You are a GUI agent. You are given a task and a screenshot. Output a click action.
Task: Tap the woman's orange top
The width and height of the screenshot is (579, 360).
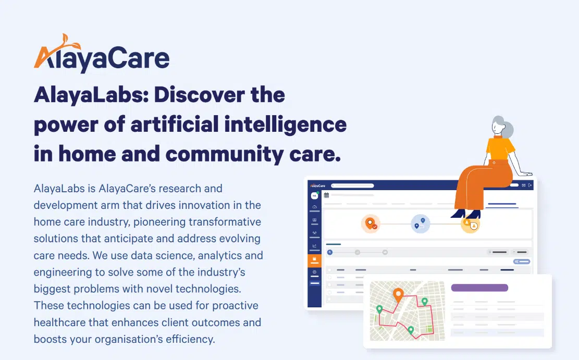point(500,148)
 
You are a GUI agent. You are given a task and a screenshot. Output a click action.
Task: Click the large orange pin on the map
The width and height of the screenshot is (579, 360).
point(399,295)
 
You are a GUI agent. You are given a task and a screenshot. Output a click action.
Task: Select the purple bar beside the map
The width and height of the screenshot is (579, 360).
point(479,288)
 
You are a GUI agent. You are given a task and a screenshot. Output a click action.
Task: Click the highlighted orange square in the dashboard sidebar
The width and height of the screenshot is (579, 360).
point(314,259)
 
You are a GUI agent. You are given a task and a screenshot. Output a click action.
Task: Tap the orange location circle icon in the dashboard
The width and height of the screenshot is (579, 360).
point(371,224)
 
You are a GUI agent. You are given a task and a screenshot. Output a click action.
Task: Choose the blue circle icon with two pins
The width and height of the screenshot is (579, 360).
point(420,224)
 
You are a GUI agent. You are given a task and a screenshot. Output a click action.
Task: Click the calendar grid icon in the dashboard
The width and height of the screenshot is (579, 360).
point(327,195)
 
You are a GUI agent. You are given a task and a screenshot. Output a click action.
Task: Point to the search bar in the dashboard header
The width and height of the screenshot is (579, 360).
point(365,185)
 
